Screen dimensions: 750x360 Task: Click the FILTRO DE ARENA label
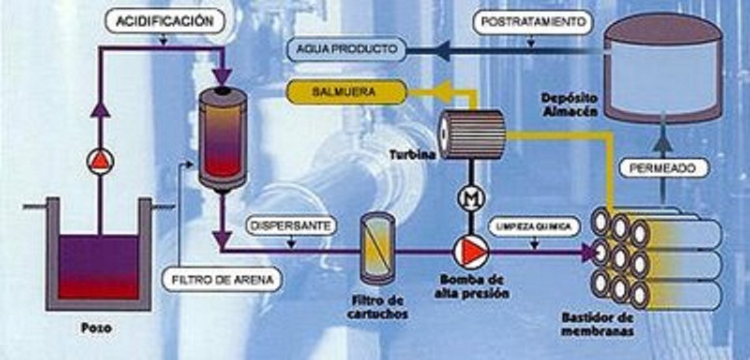click(x=221, y=279)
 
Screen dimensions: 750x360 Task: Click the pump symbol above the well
click(x=100, y=162)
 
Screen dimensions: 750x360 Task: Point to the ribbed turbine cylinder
click(x=471, y=134)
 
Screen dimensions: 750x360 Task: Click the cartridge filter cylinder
click(x=377, y=249)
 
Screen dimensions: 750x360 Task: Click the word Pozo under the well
click(x=97, y=327)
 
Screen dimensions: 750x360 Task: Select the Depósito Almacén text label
click(x=571, y=104)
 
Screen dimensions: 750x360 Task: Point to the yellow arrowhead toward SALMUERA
click(x=445, y=92)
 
